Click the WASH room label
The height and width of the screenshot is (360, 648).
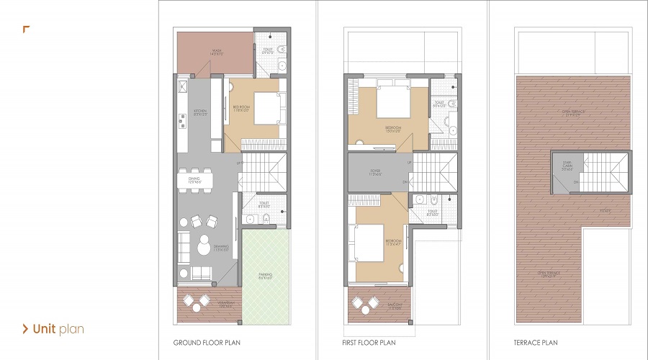pyautogui.click(x=216, y=51)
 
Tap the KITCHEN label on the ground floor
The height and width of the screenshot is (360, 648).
pyautogui.click(x=201, y=112)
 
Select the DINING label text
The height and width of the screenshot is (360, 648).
pyautogui.click(x=194, y=179)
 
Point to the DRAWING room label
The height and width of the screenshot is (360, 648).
pyautogui.click(x=221, y=248)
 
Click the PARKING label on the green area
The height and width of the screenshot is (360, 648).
pyautogui.click(x=266, y=276)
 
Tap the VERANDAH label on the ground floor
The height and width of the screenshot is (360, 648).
pyautogui.click(x=207, y=305)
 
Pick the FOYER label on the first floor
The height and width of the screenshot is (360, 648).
pyautogui.click(x=375, y=173)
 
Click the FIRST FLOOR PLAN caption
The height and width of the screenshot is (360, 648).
pyautogui.click(x=369, y=343)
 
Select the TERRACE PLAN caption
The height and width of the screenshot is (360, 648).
pyautogui.click(x=536, y=343)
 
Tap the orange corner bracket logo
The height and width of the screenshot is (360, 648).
pyautogui.click(x=26, y=30)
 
